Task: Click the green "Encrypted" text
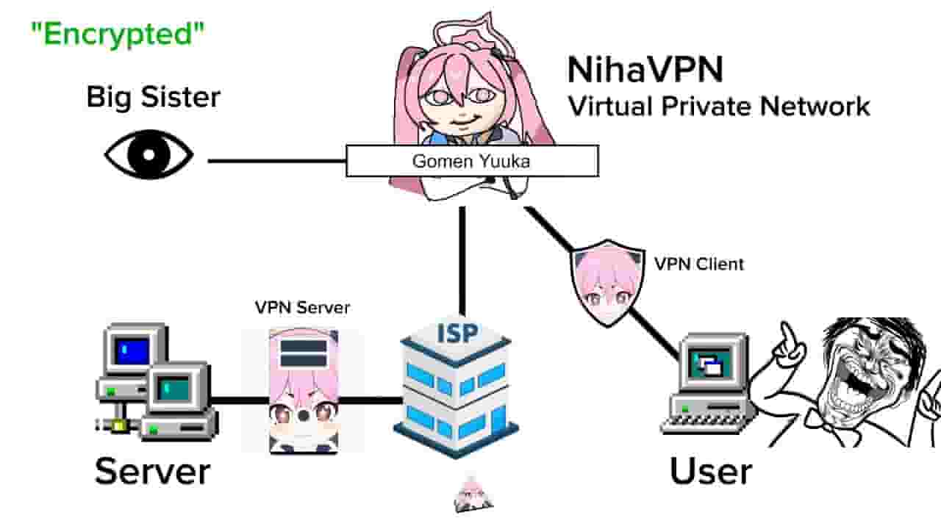tap(118, 35)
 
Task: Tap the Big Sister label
tap(154, 98)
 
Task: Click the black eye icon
tap(149, 154)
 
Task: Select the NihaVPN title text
tap(645, 70)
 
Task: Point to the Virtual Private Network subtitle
tap(719, 106)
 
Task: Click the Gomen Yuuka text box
tap(472, 161)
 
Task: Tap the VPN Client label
tap(699, 264)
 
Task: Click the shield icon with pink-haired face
tap(607, 283)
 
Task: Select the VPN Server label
tap(302, 307)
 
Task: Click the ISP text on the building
tap(457, 334)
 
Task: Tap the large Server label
tap(152, 471)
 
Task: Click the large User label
tap(711, 471)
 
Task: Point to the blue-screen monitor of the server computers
tap(134, 350)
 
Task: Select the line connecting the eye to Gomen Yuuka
tap(277, 161)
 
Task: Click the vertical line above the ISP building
tap(462, 260)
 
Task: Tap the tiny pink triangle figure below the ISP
tap(473, 494)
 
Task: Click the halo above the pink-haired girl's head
tap(474, 32)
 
